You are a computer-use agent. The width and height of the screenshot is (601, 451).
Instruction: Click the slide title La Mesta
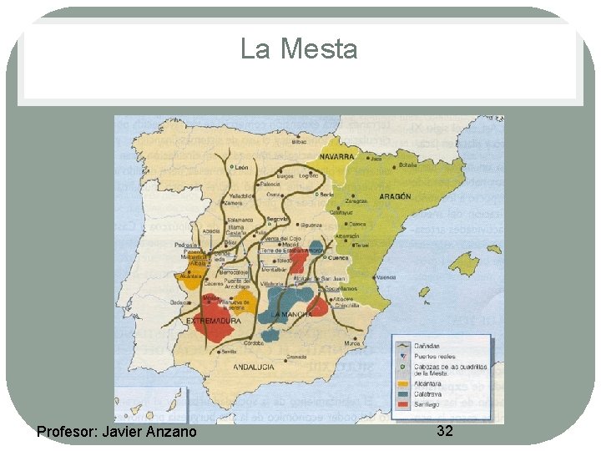[x=299, y=49]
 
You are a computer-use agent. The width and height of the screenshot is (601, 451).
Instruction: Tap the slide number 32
[x=445, y=430]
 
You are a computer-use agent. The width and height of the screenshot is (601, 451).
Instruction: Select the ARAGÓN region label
[x=395, y=196]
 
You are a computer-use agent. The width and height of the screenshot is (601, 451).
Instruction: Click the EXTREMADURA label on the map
[x=214, y=321]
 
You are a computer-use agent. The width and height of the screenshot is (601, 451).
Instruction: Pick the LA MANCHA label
[x=291, y=314]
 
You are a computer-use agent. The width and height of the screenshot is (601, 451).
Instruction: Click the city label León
[x=241, y=168]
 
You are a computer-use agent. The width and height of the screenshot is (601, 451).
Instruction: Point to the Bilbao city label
[x=300, y=142]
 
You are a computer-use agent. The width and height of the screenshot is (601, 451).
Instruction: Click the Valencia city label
[x=386, y=277]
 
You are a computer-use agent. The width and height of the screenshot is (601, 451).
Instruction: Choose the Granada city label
[x=296, y=357]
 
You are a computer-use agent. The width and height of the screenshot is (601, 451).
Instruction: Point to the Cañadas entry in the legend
[x=430, y=346]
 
